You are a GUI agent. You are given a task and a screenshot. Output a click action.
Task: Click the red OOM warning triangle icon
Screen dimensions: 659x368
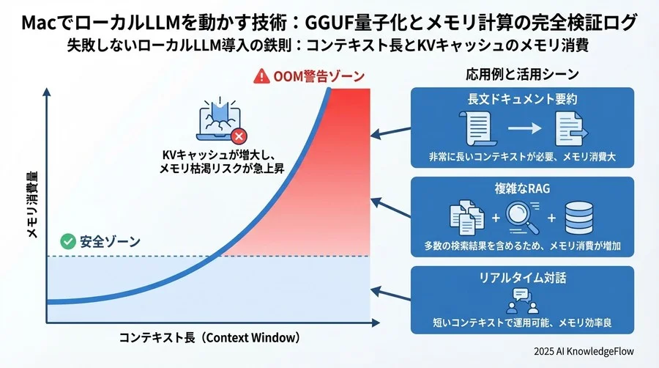tap(261, 76)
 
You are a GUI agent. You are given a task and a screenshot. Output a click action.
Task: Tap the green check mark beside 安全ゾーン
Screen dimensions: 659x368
tap(67, 240)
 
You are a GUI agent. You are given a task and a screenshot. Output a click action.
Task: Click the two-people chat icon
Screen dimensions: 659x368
tap(521, 301)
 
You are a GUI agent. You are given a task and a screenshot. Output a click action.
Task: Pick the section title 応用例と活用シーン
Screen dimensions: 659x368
tap(522, 74)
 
